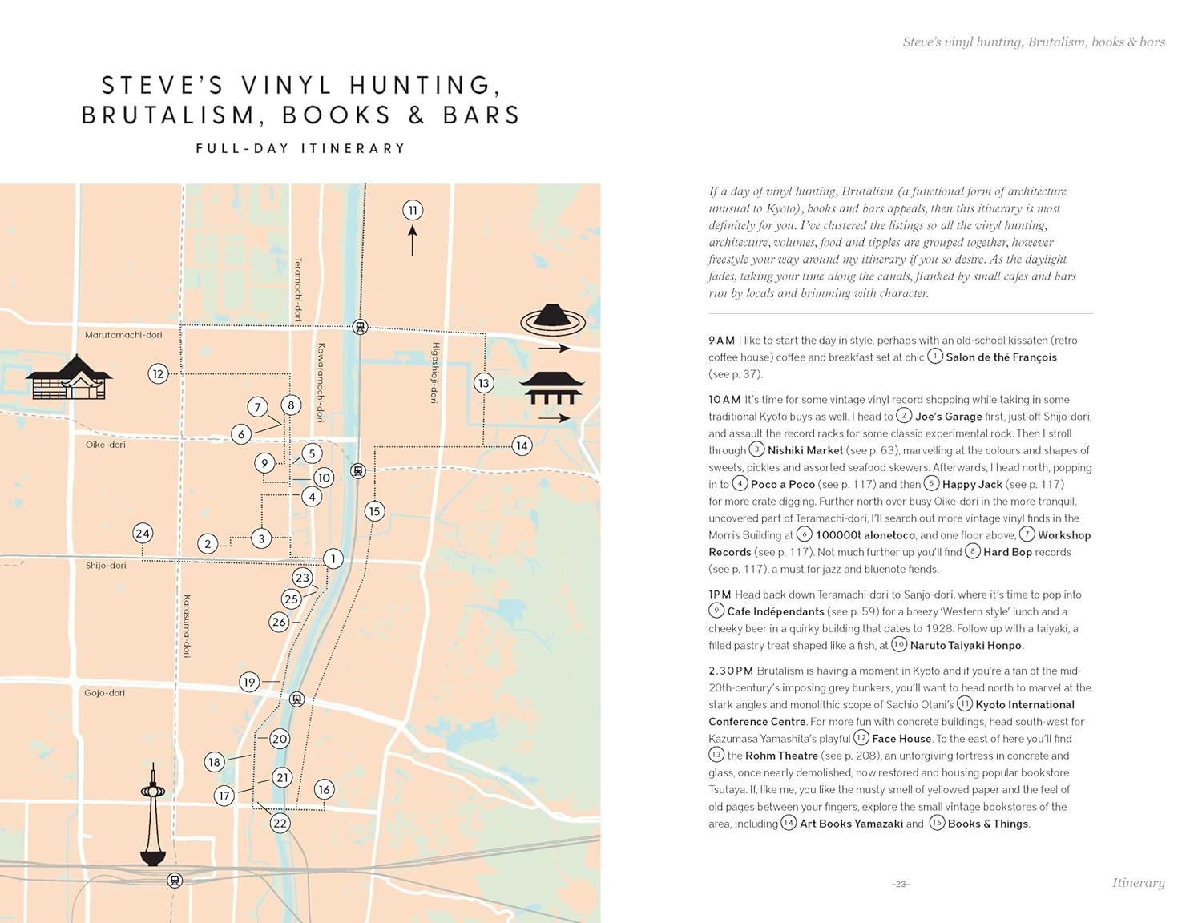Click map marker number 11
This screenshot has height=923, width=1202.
point(413,211)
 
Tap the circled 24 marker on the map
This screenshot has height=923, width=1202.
point(143,534)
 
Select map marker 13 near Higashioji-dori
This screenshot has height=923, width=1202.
point(483,383)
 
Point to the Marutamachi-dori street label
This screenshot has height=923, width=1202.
point(123,335)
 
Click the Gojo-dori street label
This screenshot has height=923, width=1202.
point(105,693)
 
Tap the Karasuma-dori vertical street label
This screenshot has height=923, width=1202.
point(187,626)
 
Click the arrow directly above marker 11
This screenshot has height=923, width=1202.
point(413,240)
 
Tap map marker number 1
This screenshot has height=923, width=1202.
point(333,559)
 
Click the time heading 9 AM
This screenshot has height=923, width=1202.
point(721,341)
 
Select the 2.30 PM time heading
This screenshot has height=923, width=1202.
point(731,671)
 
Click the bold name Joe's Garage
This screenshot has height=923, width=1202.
point(948,417)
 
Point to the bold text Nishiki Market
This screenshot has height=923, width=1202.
point(805,450)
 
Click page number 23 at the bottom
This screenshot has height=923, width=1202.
point(901,884)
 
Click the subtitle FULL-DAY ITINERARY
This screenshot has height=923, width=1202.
point(300,148)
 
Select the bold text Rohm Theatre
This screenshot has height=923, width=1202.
point(781,756)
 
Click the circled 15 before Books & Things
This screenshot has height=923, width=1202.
point(937,823)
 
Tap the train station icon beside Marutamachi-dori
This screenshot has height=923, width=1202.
point(360,327)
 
